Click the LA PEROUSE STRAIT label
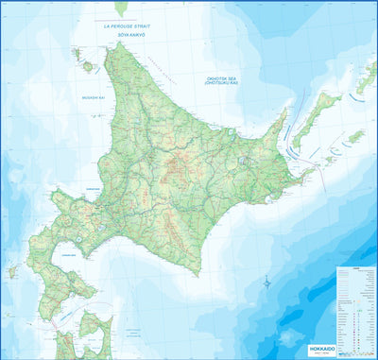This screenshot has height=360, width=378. [129, 28]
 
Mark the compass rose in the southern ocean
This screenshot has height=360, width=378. [268, 282]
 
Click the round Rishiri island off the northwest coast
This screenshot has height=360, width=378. [88, 67]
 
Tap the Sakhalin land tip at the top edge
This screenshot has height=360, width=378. [121, 9]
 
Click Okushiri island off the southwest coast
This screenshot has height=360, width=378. [12, 271]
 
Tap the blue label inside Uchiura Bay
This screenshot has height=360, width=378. [68, 254]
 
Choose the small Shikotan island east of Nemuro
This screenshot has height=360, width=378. [354, 137]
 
